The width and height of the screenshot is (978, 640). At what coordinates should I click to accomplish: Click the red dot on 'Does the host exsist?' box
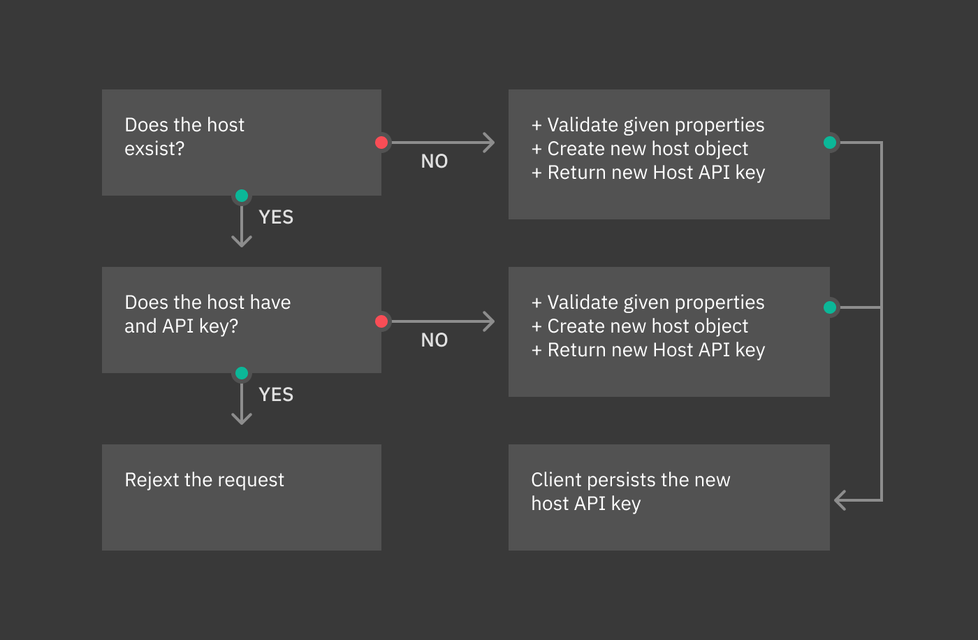coord(381,143)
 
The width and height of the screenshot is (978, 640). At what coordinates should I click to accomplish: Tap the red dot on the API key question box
coord(381,321)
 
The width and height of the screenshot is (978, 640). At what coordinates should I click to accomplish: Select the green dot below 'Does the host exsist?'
coord(242,196)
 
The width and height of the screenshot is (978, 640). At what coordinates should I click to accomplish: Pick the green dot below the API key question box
coord(242,373)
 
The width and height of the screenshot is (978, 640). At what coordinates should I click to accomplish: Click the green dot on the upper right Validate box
coord(830,143)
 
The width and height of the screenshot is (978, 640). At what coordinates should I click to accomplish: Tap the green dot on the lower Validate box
coord(830,307)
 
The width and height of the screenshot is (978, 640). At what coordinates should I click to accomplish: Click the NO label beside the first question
coord(435,161)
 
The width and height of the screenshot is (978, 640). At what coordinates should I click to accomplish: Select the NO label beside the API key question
coord(435,340)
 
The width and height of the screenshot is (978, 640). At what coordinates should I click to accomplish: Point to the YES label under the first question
coord(276,217)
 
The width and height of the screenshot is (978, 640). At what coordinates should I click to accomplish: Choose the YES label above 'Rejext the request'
coord(276,395)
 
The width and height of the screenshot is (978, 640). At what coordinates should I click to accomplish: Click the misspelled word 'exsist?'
coord(154,149)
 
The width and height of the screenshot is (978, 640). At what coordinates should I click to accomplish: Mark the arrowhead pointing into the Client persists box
coord(840,500)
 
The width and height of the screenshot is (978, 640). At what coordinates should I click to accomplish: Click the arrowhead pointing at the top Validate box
coord(490,143)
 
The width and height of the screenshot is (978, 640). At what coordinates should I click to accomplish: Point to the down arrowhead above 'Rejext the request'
coord(242,419)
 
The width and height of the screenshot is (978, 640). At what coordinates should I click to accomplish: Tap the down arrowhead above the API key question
coord(242,242)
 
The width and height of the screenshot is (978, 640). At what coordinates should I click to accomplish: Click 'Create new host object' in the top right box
coord(648,149)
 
